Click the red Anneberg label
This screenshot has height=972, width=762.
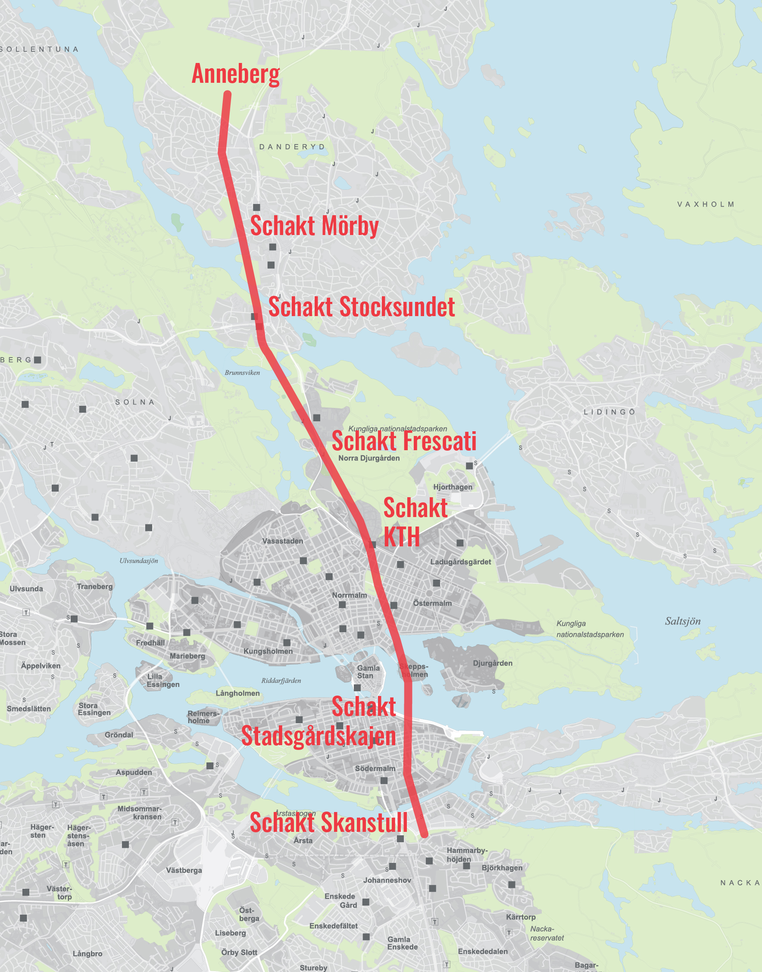point(236,74)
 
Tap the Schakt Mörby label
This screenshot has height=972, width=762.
point(314,226)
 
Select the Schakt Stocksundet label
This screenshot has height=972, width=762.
point(361,307)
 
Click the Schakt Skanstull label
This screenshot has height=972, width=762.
point(328,822)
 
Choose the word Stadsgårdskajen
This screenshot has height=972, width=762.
point(318,736)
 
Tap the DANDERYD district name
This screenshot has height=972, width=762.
point(292,147)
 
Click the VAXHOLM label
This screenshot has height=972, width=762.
point(706,204)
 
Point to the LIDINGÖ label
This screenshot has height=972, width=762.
point(609,412)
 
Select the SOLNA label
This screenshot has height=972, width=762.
point(135,402)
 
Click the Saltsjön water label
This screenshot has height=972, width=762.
point(683,621)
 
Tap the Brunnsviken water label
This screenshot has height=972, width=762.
point(242,373)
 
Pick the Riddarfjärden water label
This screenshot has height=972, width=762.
point(281,680)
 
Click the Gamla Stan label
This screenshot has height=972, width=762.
point(368,672)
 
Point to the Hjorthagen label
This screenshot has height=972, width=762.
point(453,487)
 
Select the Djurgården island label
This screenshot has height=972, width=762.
point(493,663)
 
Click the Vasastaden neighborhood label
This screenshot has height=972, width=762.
point(282,541)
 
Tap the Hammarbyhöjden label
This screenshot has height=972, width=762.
point(467,855)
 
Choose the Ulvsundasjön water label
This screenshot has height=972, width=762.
point(139,561)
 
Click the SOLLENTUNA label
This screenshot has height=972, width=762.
point(39,49)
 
